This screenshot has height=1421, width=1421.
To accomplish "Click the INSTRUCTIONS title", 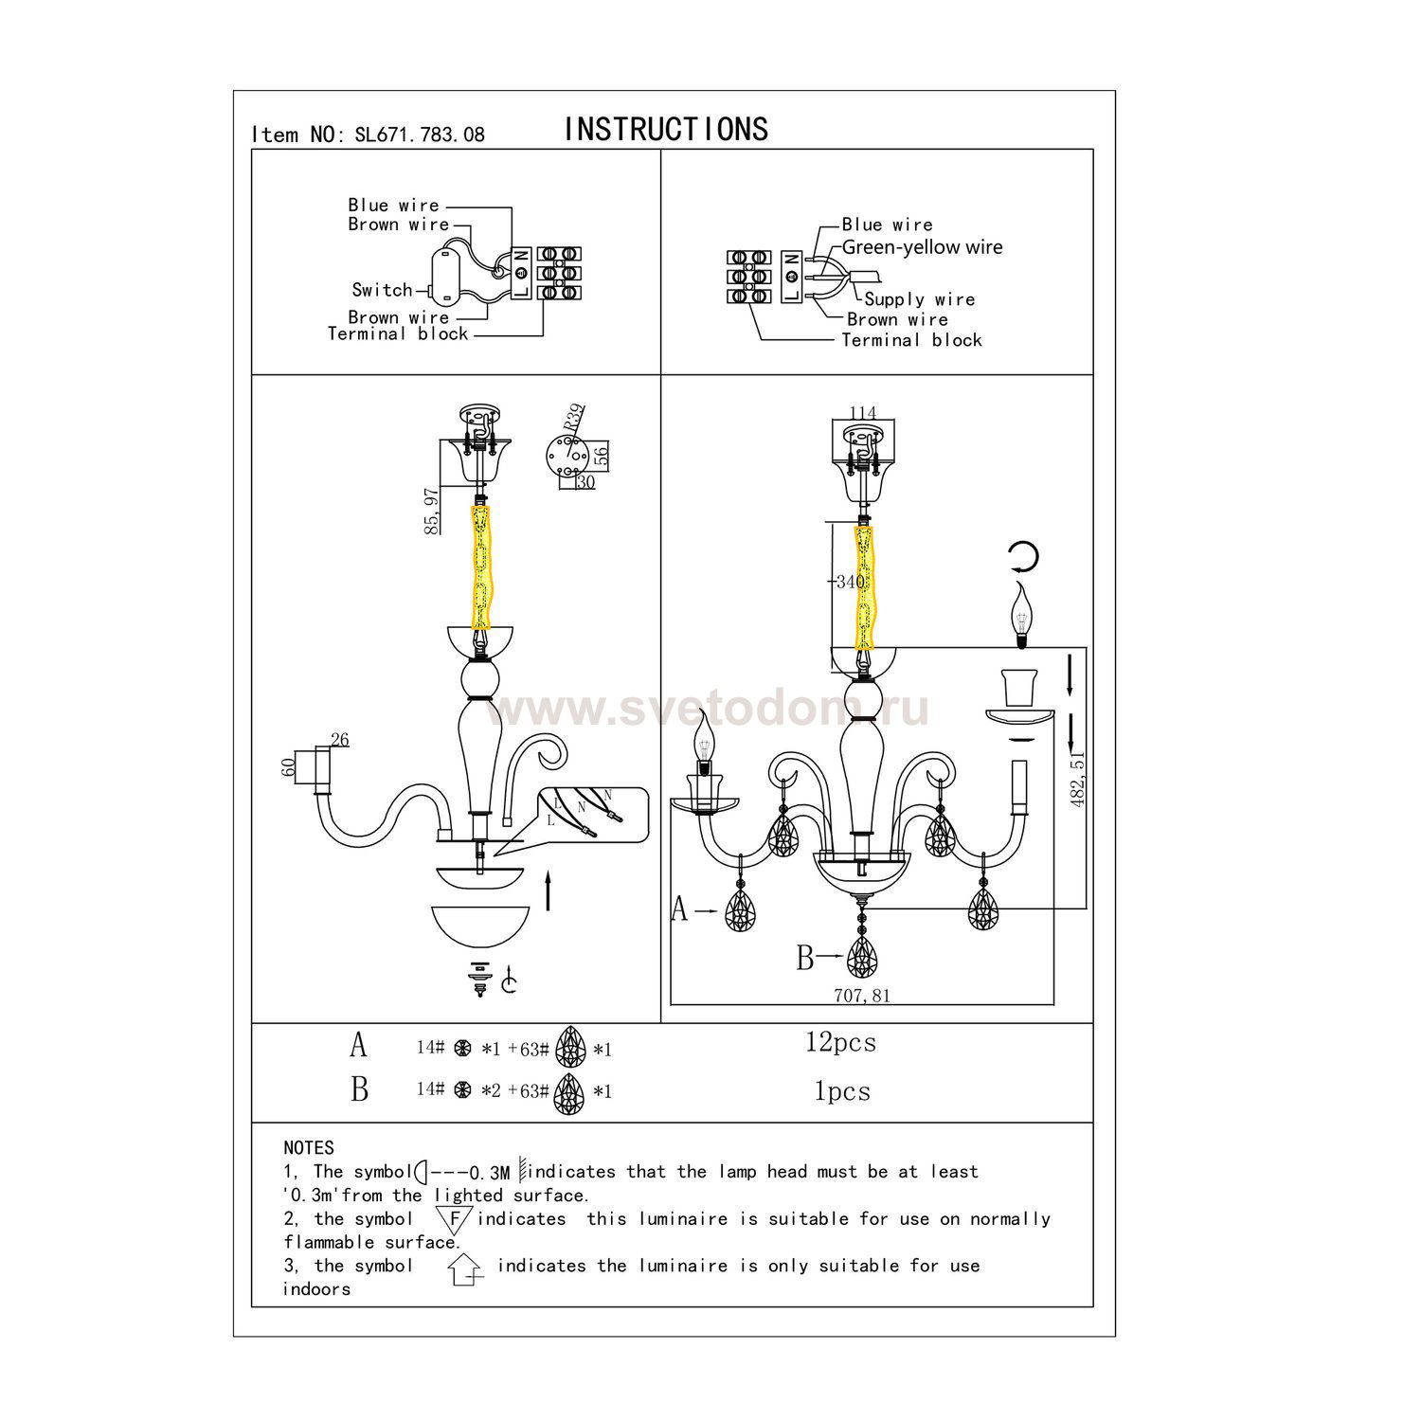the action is click(x=666, y=129).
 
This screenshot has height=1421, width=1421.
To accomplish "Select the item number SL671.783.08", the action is click(x=419, y=135).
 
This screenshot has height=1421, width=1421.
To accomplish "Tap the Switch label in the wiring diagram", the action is click(x=383, y=290).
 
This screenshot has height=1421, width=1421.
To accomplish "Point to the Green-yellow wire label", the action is click(x=922, y=247).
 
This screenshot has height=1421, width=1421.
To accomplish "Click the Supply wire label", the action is click(x=920, y=299).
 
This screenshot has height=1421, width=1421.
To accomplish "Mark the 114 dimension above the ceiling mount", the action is click(x=863, y=413).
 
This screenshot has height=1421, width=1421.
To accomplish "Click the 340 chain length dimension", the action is click(x=850, y=582).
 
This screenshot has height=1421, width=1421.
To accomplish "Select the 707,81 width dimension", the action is click(x=862, y=996).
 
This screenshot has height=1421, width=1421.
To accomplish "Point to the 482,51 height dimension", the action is click(x=1078, y=777).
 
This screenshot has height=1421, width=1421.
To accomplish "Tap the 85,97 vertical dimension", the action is click(x=433, y=512).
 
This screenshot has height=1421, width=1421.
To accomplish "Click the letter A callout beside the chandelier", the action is click(x=679, y=909).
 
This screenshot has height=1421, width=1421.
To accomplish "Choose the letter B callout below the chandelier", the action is click(x=805, y=958).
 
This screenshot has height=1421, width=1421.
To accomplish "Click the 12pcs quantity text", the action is click(x=841, y=1043).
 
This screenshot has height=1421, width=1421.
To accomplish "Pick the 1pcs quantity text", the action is click(x=842, y=1091).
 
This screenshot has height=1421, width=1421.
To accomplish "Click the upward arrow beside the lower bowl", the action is click(x=549, y=891).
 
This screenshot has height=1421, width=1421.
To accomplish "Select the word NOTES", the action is click(x=309, y=1148).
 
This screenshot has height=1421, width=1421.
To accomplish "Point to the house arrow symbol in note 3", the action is click(x=465, y=1268).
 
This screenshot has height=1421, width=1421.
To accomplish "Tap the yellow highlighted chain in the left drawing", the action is click(x=482, y=567).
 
